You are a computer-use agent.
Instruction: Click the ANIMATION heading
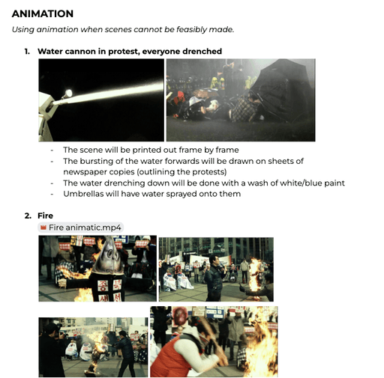(43, 13)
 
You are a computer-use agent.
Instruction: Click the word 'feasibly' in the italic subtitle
(191, 29)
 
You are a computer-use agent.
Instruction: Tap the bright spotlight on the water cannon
(68, 94)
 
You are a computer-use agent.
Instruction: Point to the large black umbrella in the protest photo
(280, 90)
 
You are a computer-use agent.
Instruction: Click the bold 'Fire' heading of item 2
(45, 216)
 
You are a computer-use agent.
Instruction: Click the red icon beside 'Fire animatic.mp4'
(43, 228)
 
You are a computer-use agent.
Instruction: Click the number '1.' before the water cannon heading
(27, 52)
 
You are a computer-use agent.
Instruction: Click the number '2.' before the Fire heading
(28, 216)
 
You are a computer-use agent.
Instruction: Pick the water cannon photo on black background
(101, 100)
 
